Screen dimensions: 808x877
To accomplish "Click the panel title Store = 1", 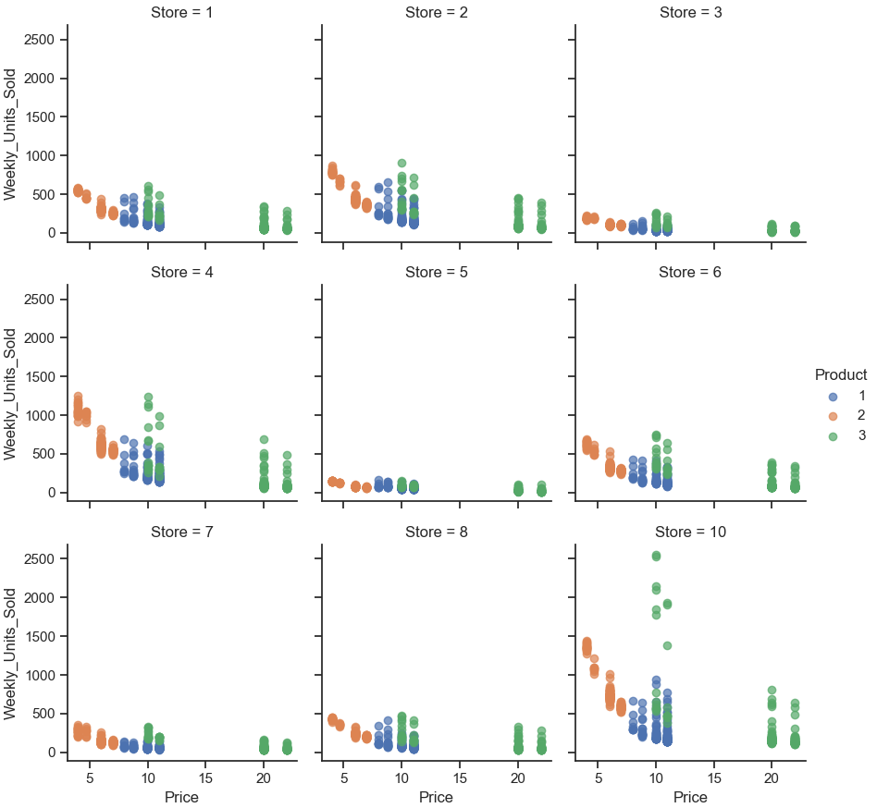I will (x=182, y=12).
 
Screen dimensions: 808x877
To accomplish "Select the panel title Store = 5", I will (x=436, y=272).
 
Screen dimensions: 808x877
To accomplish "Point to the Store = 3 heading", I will (x=690, y=12).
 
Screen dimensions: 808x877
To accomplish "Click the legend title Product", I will (x=840, y=374).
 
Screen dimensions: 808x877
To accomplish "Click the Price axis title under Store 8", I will (x=436, y=797).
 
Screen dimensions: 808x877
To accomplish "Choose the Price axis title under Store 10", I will (x=690, y=797).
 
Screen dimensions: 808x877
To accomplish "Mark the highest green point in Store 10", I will (x=656, y=556).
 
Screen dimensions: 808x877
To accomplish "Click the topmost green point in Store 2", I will (x=401, y=163).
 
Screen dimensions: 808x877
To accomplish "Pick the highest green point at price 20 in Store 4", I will (x=264, y=439).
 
